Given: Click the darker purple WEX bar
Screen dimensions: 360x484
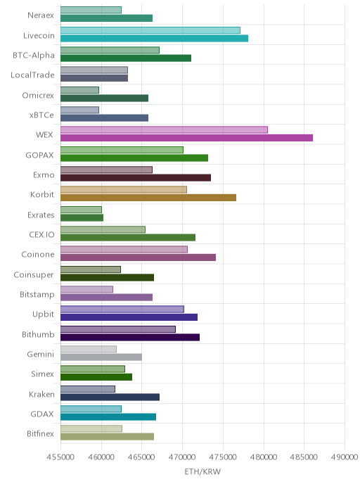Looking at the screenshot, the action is click(186, 138).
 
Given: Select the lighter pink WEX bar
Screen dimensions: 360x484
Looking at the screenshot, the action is click(164, 129).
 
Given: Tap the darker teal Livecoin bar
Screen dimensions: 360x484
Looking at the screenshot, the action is click(154, 38).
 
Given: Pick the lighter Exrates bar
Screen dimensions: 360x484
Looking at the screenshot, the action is click(81, 210).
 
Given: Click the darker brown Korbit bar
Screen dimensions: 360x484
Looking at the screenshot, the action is click(148, 198).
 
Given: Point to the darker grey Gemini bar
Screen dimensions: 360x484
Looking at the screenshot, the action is click(101, 357).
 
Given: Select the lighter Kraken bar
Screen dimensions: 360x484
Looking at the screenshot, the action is click(88, 389).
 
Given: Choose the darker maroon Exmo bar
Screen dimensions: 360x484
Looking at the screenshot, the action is click(136, 177).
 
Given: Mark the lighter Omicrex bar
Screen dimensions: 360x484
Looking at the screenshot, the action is click(79, 90).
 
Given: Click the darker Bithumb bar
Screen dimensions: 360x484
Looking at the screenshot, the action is click(130, 337).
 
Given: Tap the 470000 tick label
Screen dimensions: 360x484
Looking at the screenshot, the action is click(182, 457).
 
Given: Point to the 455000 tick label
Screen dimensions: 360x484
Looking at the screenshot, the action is click(60, 457).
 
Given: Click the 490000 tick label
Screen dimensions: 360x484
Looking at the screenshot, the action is click(345, 457).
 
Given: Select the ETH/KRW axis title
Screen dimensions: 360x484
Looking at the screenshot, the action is click(202, 471).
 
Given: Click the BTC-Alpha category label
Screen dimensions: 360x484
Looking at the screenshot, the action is click(34, 56).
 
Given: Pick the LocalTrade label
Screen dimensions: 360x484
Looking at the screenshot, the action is click(32, 75).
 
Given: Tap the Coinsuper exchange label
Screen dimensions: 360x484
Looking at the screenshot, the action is click(34, 275).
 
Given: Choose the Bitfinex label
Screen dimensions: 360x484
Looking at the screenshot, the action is click(40, 433).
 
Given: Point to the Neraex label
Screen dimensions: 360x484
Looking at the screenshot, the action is click(41, 15).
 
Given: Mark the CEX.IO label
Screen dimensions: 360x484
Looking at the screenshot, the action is click(41, 234).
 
